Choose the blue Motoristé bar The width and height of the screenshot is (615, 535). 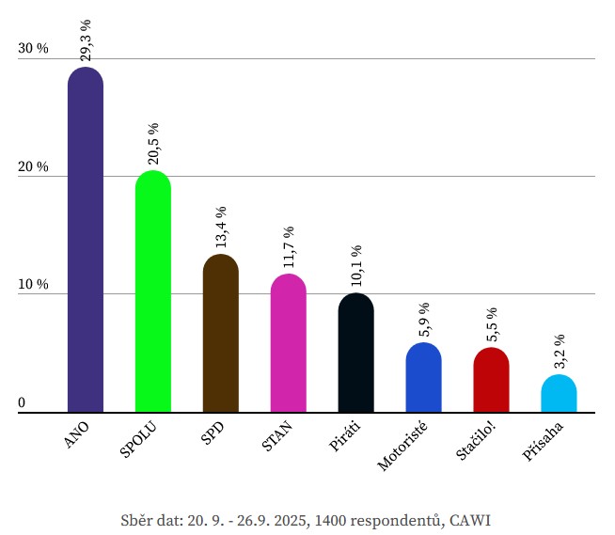[424, 378]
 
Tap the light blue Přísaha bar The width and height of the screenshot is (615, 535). [560, 394]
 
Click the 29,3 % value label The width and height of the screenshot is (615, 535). [86, 39]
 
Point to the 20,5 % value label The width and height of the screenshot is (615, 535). [153, 143]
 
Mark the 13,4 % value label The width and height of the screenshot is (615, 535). [221, 227]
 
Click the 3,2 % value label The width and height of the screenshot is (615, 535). [560, 351]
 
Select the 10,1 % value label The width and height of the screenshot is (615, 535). [356, 266]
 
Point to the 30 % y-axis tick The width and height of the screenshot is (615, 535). [33, 49]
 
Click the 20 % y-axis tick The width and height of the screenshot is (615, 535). [33, 167]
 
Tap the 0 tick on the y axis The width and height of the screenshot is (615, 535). [22, 404]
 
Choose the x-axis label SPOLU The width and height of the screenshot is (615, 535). [139, 441]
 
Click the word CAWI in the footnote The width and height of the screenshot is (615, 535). [470, 520]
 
